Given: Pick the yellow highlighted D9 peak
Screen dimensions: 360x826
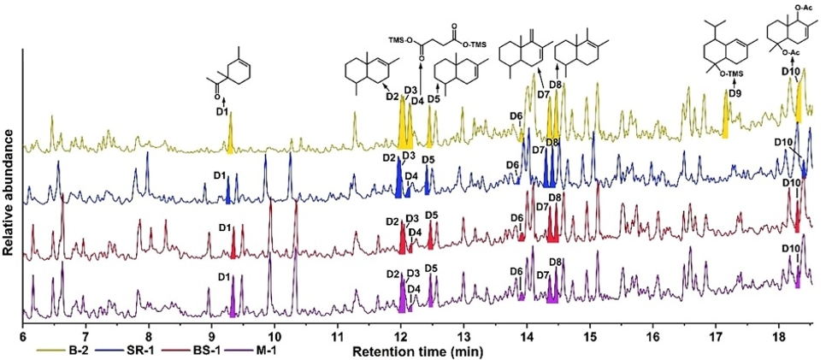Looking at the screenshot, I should [x=726, y=120].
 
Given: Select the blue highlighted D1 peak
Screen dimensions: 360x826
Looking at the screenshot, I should [x=228, y=194].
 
